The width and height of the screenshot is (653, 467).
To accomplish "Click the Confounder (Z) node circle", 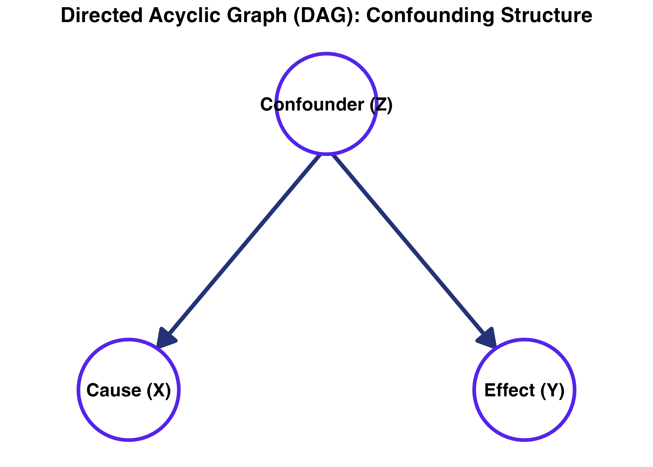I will [x=327, y=131].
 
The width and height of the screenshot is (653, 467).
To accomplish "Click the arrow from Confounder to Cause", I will [x=243, y=246].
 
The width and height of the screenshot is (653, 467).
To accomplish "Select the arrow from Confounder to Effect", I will [x=410, y=246].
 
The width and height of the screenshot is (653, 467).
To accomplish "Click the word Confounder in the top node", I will [x=312, y=105].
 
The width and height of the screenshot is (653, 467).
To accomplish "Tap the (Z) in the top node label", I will [x=381, y=105].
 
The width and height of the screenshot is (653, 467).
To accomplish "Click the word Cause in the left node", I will [x=114, y=390].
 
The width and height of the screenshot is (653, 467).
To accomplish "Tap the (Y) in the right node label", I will [x=552, y=390].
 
